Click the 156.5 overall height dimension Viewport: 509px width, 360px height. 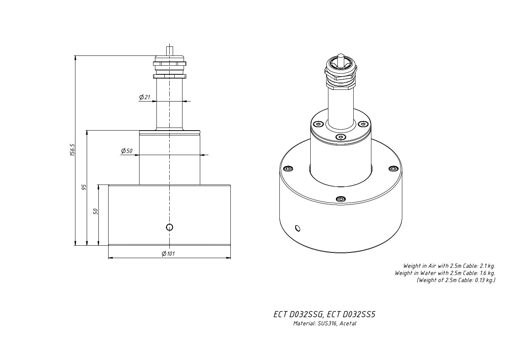pos(72,150)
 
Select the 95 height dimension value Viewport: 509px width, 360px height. pos(84,187)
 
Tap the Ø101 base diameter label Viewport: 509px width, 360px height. pos(168,254)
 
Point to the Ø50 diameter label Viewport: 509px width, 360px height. pos(127,151)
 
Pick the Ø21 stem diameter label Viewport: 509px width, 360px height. pos(145,97)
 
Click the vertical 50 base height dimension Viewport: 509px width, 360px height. pos(96,211)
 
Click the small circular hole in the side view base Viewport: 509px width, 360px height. pos(170,227)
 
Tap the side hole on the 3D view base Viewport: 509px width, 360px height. pos(298,228)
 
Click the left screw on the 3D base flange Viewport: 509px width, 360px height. pos(288,169)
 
